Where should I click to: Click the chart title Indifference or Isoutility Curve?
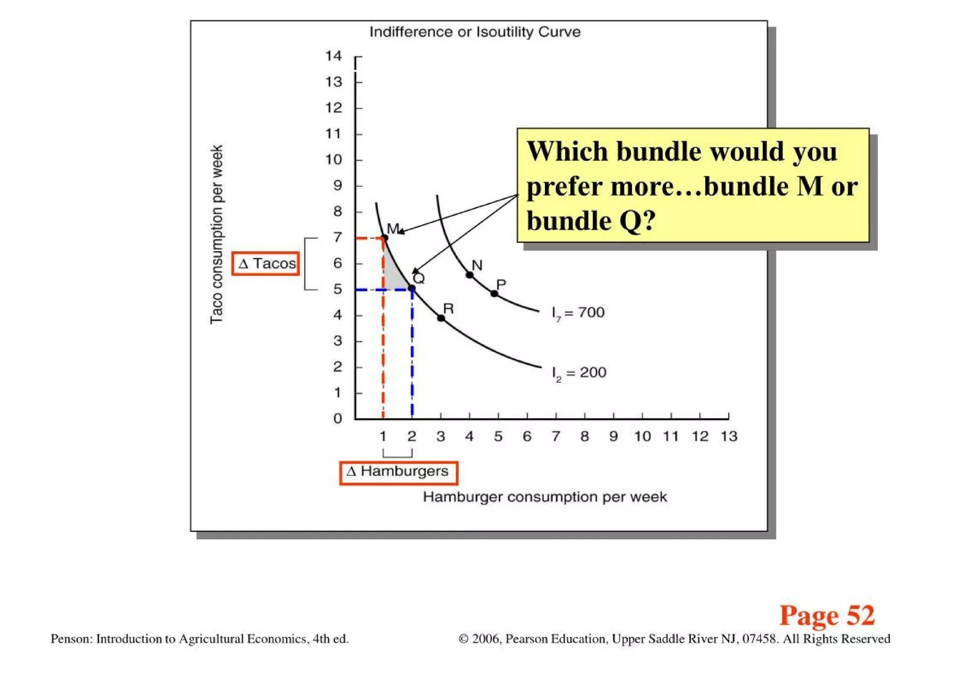tap(475, 32)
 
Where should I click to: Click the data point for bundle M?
tap(385, 238)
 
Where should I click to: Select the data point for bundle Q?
tap(412, 289)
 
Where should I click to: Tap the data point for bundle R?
tap(441, 318)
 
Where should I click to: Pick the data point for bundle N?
tap(470, 275)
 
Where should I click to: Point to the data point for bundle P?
tap(494, 294)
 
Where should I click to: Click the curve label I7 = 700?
tap(578, 313)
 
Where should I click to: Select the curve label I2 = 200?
tap(579, 373)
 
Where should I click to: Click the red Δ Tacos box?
tap(266, 263)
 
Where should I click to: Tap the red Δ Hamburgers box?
tap(399, 472)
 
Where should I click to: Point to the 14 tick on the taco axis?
tap(334, 56)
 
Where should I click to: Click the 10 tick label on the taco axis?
tap(334, 160)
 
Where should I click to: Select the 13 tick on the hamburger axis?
tap(729, 437)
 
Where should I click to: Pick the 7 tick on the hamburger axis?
tap(556, 437)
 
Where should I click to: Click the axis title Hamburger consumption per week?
tap(545, 497)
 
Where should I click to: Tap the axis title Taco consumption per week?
tap(216, 234)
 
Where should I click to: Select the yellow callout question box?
tap(693, 185)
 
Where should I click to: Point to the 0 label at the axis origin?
tap(338, 418)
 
